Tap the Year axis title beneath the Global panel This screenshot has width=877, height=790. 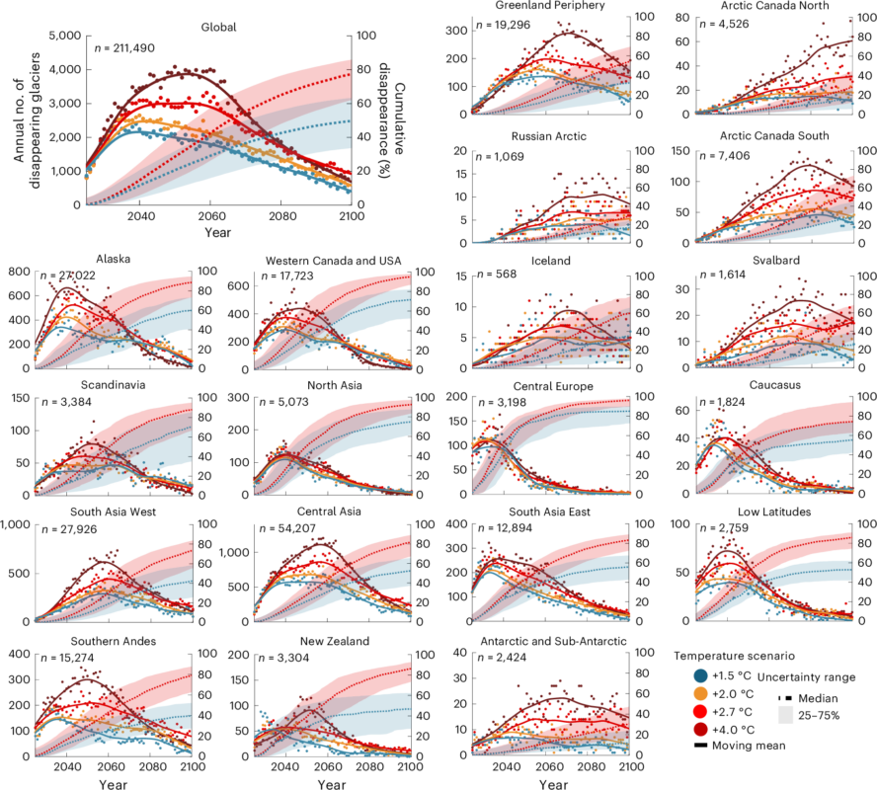click(219, 232)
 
